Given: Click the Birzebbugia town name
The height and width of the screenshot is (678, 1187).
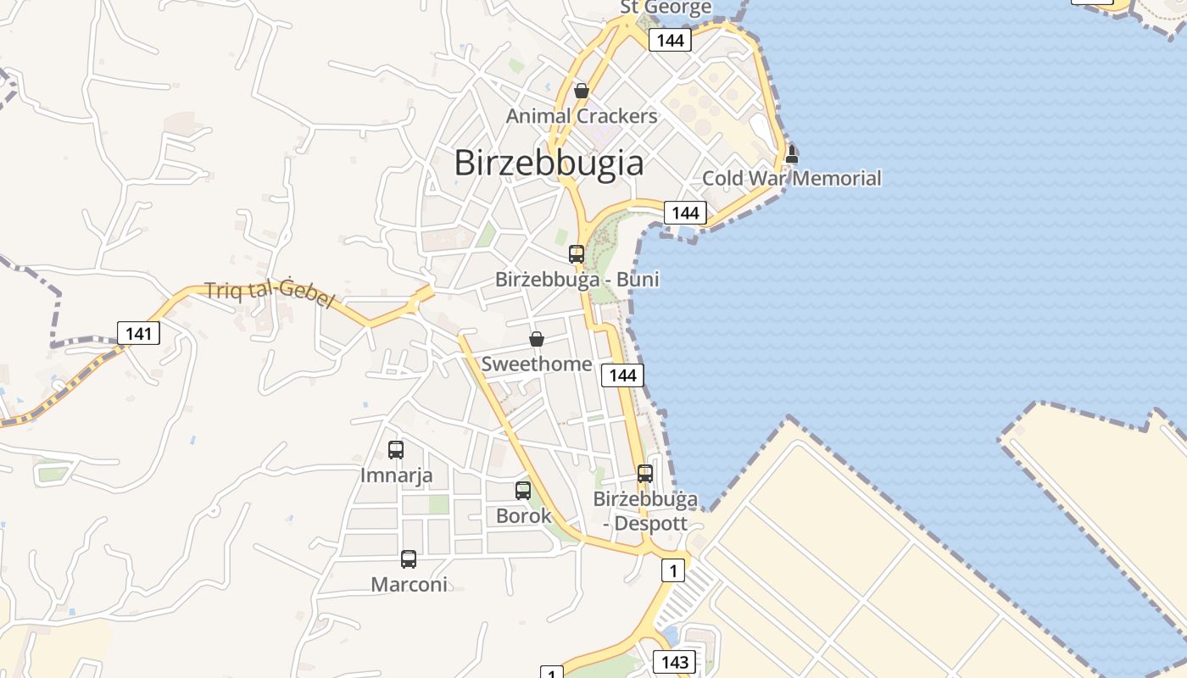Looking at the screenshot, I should point(549,162).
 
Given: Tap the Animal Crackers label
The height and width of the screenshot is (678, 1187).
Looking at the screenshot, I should point(582,116).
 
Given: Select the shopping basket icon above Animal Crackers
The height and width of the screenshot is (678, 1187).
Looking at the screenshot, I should point(582,91).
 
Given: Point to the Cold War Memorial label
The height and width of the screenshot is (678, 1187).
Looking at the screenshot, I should point(792,179).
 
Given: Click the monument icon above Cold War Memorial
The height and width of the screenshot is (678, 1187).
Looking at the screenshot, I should point(792,154).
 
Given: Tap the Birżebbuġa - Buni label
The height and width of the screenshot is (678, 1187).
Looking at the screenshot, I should point(577,280).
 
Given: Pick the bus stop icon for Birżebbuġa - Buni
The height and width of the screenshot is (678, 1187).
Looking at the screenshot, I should point(577,254).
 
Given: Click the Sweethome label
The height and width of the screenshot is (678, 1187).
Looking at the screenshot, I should point(537,364).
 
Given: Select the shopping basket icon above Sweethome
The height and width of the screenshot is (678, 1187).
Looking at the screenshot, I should point(537,340).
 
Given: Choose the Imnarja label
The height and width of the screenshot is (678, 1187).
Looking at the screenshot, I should point(396,475).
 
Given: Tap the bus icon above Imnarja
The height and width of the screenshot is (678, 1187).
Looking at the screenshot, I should point(396,450).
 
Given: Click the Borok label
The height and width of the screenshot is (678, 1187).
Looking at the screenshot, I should point(523,515).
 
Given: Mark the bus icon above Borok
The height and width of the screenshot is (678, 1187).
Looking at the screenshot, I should point(523,490).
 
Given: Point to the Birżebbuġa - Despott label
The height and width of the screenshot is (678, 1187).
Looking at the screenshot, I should point(645,510).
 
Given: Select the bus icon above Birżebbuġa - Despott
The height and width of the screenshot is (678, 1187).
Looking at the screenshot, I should point(645,474).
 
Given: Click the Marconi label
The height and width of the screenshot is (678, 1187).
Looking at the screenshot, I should point(409,585).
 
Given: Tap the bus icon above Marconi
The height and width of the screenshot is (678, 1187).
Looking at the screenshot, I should point(409,559).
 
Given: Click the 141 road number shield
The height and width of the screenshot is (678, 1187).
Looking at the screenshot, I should point(138,333).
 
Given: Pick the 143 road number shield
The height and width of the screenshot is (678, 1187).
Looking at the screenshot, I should point(674,661).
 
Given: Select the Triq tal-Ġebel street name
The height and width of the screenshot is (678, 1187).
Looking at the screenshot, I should point(270,296).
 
